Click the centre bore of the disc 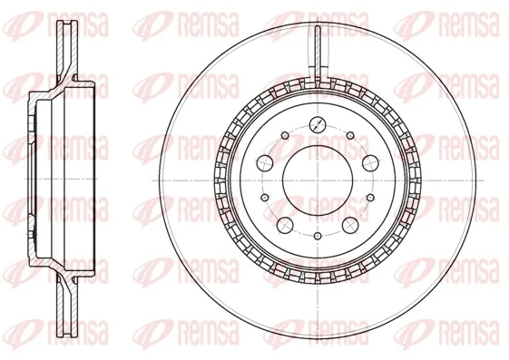316,178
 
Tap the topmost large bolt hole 316,124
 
